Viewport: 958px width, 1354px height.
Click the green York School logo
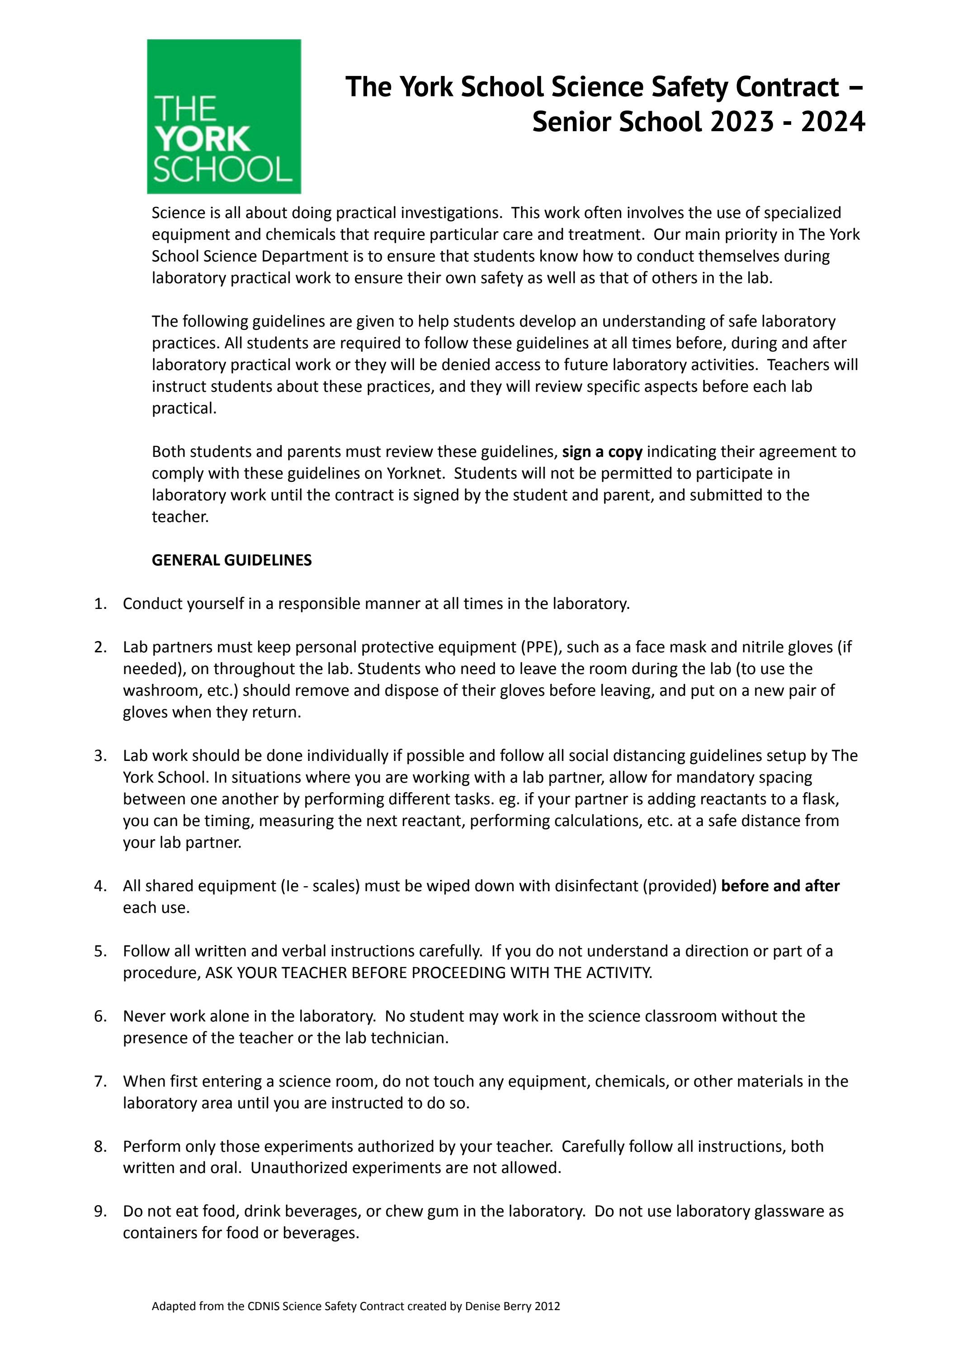pyautogui.click(x=224, y=116)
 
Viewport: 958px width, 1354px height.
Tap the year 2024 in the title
pyautogui.click(x=832, y=122)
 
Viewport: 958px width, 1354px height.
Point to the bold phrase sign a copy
pyautogui.click(x=602, y=451)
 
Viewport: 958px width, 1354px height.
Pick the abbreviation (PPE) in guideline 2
pyautogui.click(x=539, y=647)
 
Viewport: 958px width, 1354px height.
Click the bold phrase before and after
pyautogui.click(x=780, y=886)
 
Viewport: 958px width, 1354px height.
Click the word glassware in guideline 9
pyautogui.click(x=789, y=1211)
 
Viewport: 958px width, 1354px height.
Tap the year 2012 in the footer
pyautogui.click(x=547, y=1323)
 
